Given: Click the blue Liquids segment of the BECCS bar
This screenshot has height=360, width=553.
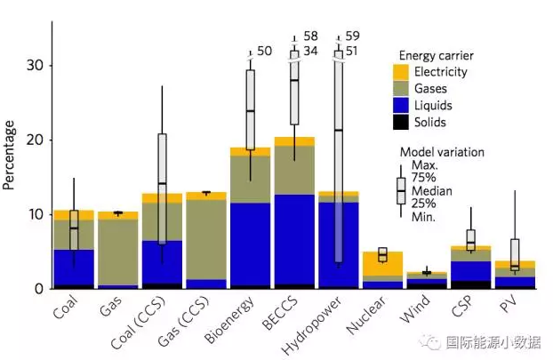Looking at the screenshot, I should coord(293,240).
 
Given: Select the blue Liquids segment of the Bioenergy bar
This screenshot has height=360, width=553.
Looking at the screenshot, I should coord(250,244).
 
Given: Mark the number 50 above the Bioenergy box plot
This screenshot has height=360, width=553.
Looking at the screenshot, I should coord(265,52).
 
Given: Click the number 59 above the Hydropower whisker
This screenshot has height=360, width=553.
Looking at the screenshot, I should coord(352,36).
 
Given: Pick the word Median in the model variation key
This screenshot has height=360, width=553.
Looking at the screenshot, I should coord(432,188).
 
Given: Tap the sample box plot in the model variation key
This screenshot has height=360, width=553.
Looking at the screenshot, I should coord(402,190).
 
